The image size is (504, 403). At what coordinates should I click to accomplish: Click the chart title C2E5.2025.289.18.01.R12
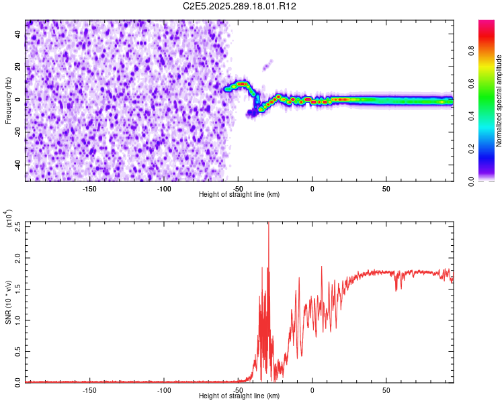(x=240, y=6)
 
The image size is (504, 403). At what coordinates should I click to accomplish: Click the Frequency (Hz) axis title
(x=8, y=100)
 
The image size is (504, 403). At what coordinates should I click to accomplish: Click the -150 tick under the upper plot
(x=89, y=189)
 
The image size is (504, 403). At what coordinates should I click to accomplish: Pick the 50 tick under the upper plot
(x=386, y=189)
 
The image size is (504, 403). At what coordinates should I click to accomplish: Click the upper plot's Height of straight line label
(x=239, y=195)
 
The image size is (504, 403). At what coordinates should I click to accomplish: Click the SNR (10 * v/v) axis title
(x=8, y=302)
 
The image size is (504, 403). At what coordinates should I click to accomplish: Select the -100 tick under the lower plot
(x=163, y=390)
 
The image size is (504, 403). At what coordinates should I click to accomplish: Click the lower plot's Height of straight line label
(x=239, y=396)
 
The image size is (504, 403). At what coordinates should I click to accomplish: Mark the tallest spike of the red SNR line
(x=269, y=224)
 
